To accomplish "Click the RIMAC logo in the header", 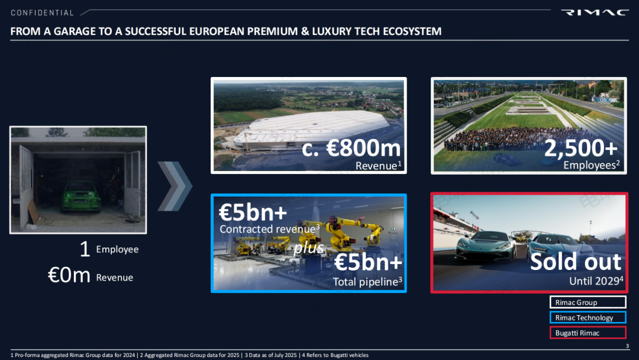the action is click(595, 12).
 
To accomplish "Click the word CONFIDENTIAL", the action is click(42, 13).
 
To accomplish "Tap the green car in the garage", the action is click(81, 197).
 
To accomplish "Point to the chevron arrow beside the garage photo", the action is click(175, 186).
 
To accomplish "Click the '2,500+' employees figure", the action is click(581, 147).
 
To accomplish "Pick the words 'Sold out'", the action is click(576, 261).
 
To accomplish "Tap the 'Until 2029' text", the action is click(596, 281).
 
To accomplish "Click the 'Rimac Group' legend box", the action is click(588, 302).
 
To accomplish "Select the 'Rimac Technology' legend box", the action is click(588, 317).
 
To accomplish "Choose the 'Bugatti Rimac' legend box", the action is click(588, 333).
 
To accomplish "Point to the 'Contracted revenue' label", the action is click(269, 229).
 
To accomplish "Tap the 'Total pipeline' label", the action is click(367, 282).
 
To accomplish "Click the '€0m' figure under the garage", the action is click(69, 275).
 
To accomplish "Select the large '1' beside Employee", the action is click(85, 249).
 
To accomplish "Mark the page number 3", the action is click(627, 346).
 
